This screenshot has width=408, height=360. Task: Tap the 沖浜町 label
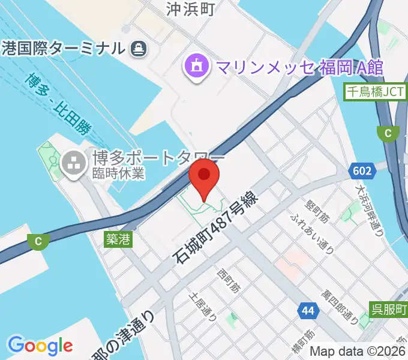(190, 8)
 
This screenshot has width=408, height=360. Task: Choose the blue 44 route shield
(308, 310)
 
